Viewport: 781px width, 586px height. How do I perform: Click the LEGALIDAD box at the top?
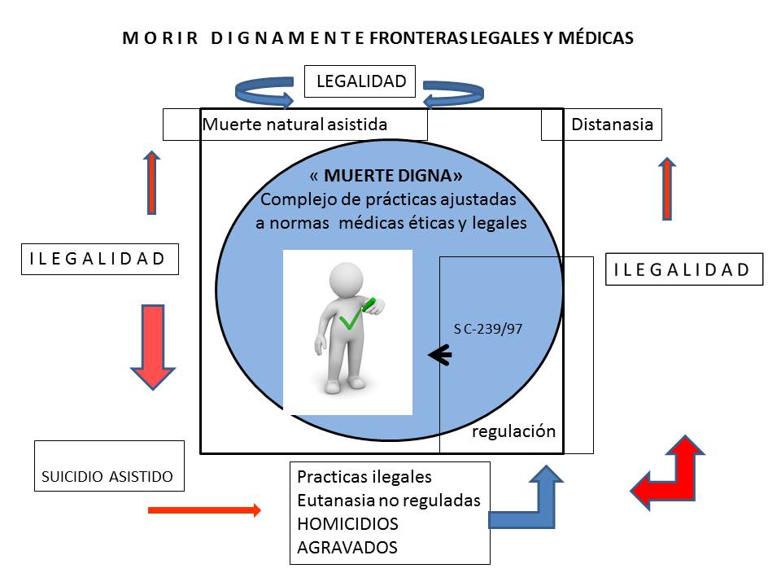pyautogui.click(x=360, y=81)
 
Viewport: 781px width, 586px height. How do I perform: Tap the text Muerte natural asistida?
pyautogui.click(x=295, y=125)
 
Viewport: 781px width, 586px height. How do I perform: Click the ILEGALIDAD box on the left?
pyautogui.click(x=98, y=259)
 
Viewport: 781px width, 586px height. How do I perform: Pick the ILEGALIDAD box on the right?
pyautogui.click(x=683, y=269)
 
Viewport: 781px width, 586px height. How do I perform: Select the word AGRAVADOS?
pyautogui.click(x=347, y=547)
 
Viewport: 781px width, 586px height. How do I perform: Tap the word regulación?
pyautogui.click(x=514, y=431)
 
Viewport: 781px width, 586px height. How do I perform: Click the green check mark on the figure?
pyautogui.click(x=351, y=320)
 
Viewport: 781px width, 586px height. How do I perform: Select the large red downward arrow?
pyautogui.click(x=153, y=345)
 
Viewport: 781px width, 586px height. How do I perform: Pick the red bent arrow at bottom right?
pyautogui.click(x=670, y=474)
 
